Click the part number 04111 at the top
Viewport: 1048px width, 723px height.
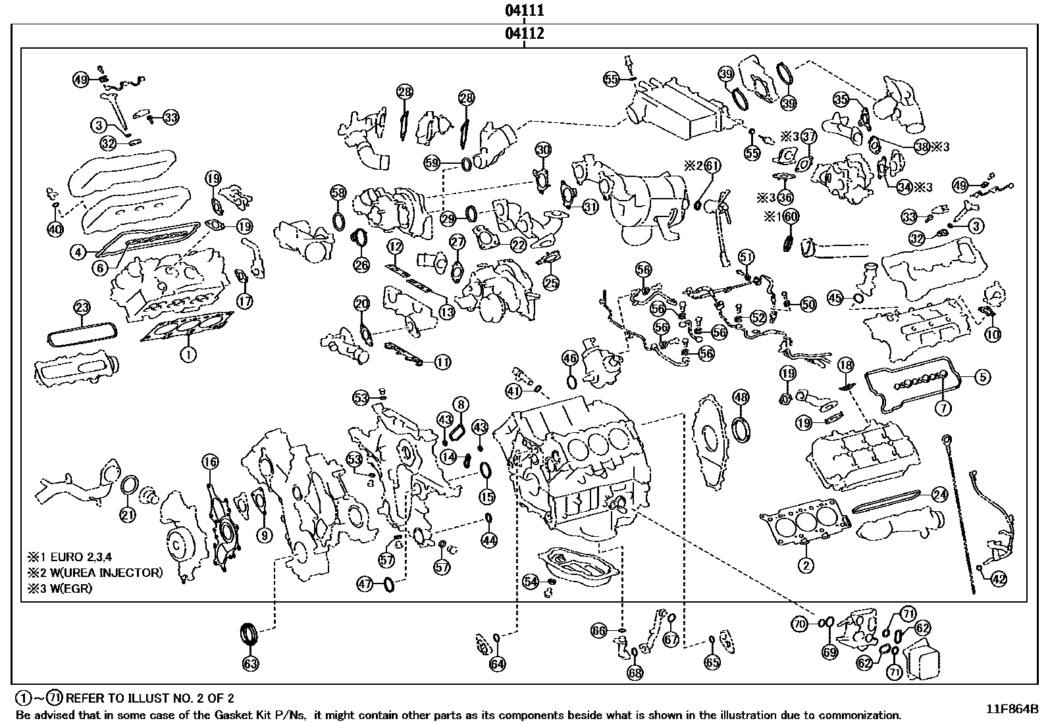tap(524, 10)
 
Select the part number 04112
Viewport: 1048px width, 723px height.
tap(524, 34)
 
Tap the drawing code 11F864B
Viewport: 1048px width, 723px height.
tap(1012, 709)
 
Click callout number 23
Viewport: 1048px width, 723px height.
tap(82, 307)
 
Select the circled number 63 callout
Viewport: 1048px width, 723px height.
tap(251, 663)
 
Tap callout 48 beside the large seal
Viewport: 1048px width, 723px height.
tap(741, 397)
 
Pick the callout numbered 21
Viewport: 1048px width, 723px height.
tap(128, 514)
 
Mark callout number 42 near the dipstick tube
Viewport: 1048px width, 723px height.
tap(999, 579)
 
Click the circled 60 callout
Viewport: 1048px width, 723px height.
tap(791, 216)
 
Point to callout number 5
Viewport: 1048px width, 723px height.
tap(982, 377)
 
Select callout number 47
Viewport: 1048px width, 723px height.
tap(365, 583)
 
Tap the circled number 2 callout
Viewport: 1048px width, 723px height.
tap(804, 564)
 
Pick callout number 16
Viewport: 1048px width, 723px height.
tap(210, 462)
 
